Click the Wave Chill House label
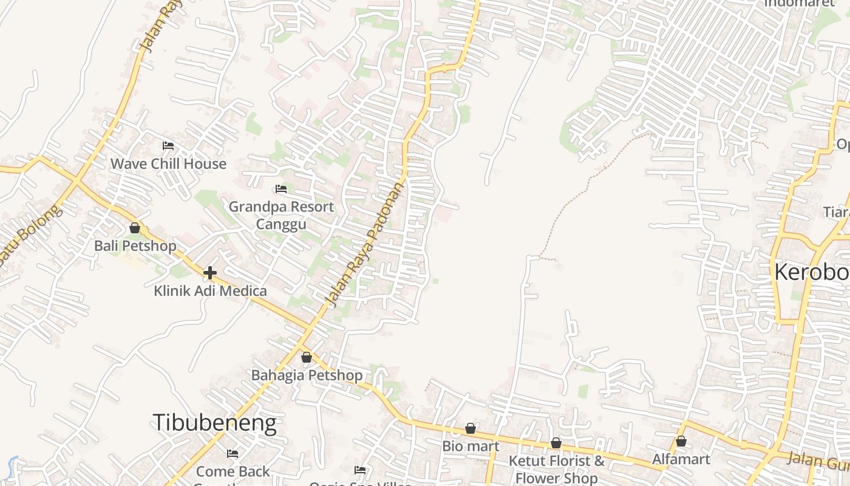pyautogui.click(x=168, y=164)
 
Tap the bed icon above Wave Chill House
pyautogui.click(x=168, y=146)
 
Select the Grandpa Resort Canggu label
pyautogui.click(x=281, y=215)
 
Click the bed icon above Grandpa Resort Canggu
pyautogui.click(x=281, y=189)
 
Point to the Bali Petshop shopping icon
pyautogui.click(x=135, y=228)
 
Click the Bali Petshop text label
pyautogui.click(x=135, y=246)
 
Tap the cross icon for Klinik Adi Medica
pyautogui.click(x=210, y=273)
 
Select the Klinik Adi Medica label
pyautogui.click(x=210, y=291)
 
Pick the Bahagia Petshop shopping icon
pyautogui.click(x=307, y=357)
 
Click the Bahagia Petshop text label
pyautogui.click(x=307, y=375)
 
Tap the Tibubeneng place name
pyautogui.click(x=214, y=422)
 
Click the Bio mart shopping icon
pyautogui.click(x=471, y=428)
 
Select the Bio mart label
pyautogui.click(x=471, y=447)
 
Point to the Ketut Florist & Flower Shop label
pyautogui.click(x=556, y=469)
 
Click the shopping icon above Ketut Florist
pyautogui.click(x=556, y=443)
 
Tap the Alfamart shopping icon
pyautogui.click(x=681, y=441)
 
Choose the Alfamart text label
pyautogui.click(x=681, y=459)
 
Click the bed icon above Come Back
pyautogui.click(x=233, y=453)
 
